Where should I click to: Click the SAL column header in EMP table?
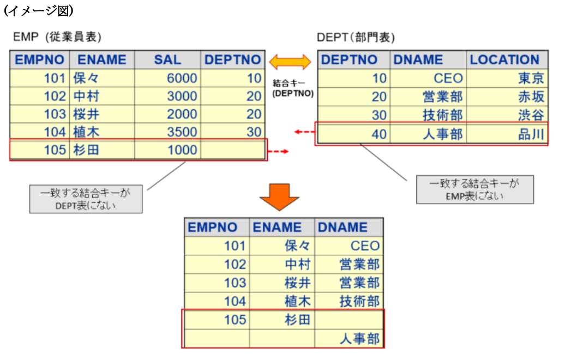coord(167,60)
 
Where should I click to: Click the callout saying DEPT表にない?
coord(85,199)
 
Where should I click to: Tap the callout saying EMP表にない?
coord(473,189)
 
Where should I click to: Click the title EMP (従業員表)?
coord(57,37)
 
